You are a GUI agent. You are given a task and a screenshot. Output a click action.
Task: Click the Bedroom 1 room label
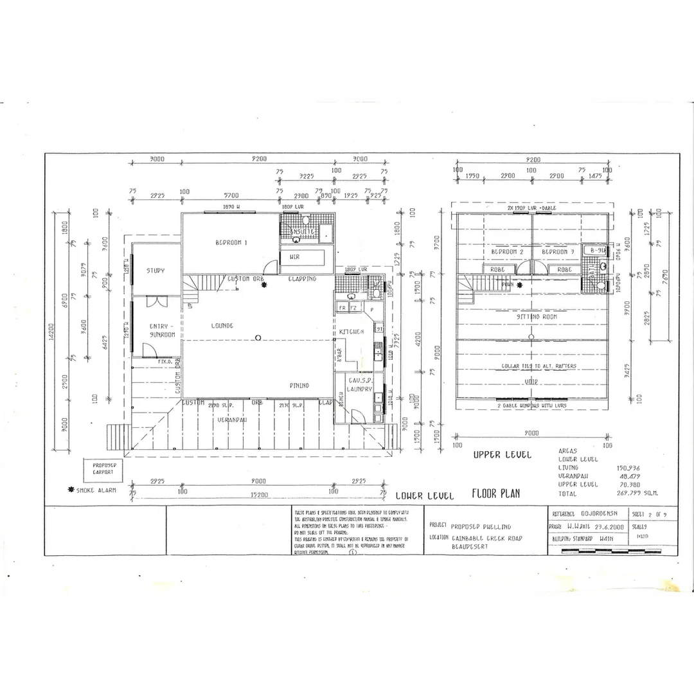click(231, 242)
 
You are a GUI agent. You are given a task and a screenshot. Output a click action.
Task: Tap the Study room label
click(156, 271)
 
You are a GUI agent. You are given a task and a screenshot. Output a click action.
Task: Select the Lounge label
click(222, 326)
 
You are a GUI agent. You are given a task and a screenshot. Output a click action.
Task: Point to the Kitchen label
click(352, 331)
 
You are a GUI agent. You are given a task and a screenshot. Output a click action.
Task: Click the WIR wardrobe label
click(296, 256)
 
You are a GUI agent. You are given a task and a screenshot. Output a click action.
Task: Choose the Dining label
click(299, 386)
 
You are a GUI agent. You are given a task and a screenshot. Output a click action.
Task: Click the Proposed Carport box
click(103, 468)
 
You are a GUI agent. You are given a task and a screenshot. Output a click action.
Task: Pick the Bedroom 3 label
click(557, 252)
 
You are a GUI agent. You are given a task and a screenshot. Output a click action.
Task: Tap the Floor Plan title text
click(495, 494)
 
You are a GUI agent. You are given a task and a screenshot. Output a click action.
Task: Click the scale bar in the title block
click(610, 551)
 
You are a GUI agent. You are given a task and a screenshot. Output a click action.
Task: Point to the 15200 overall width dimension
click(258, 495)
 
